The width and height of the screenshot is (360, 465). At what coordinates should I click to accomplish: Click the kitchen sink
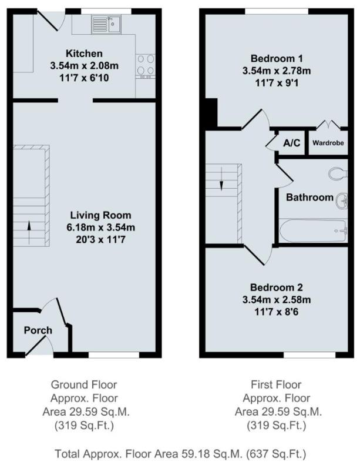coord(106,24)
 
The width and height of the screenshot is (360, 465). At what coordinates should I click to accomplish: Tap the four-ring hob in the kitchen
coord(146,66)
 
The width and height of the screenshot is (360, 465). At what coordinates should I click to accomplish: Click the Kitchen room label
coord(84,53)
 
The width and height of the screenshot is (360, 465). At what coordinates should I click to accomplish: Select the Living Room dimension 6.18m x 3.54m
coord(101,228)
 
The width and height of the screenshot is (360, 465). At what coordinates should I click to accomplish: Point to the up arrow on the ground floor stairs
coord(29,233)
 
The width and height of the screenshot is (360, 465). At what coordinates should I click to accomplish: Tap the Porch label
coord(38,330)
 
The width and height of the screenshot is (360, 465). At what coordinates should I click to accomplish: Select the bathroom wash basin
coord(342,201)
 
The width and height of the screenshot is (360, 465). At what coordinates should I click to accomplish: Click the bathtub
coord(313,230)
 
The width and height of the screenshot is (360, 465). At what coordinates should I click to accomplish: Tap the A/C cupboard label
coord(292,143)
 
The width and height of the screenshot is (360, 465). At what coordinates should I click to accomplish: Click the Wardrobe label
coord(328,143)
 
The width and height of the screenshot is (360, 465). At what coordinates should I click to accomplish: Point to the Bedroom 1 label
coord(277,58)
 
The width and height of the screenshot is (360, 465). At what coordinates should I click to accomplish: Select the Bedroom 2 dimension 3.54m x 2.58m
coord(277,300)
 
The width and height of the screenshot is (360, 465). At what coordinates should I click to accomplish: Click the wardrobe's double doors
coord(329,124)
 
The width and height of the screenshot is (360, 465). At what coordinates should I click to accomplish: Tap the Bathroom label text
coord(309,198)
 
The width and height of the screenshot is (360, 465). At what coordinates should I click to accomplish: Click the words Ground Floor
coord(84,384)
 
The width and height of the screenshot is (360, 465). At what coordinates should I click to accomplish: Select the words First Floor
coord(276,384)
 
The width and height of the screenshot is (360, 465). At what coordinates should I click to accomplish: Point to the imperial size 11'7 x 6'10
coord(84,78)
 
